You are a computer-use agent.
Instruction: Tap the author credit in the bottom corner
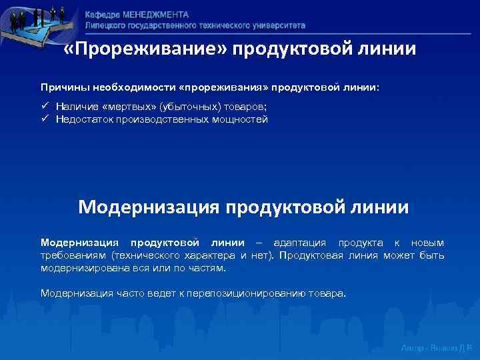(437, 349)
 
